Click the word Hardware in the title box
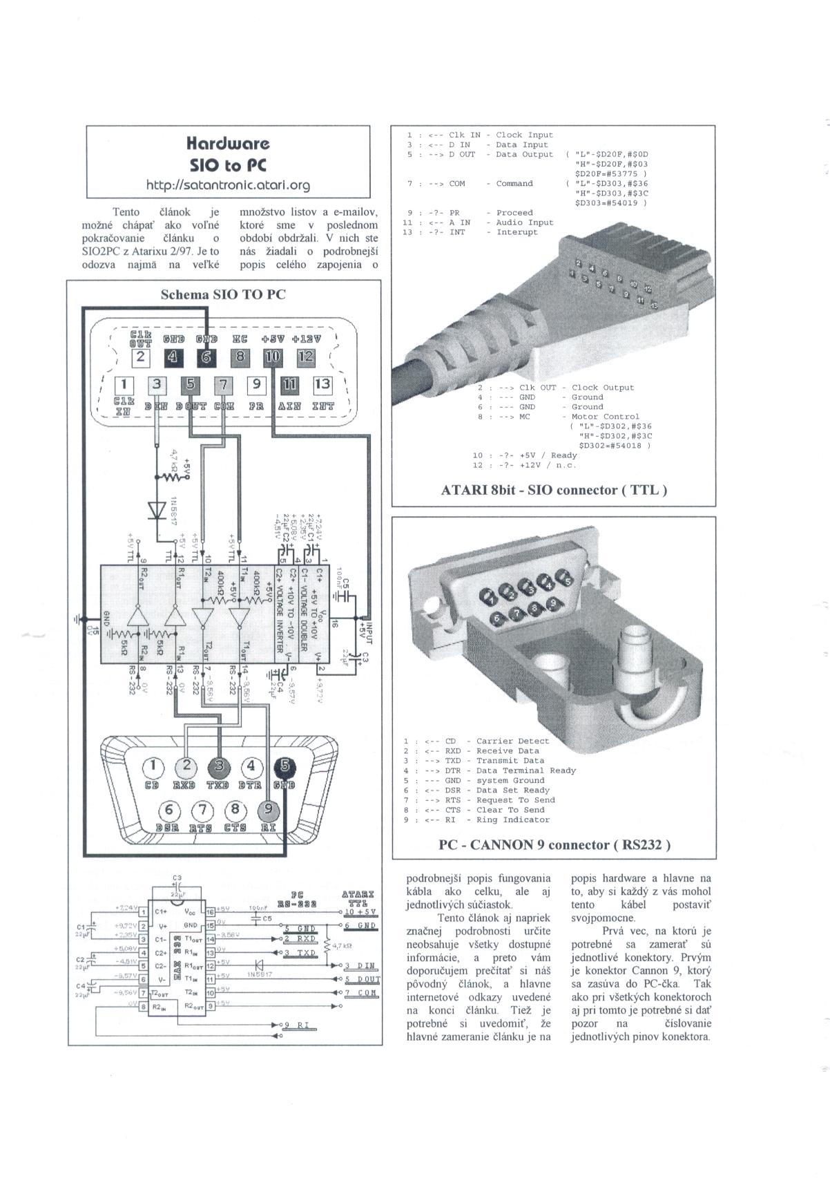pos(228,143)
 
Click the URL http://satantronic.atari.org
pos(228,185)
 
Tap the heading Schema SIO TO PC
pos(223,294)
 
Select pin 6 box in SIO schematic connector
pos(206,357)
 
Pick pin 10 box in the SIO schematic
pos(273,357)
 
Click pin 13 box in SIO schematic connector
pos(322,384)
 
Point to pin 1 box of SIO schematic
pos(124,384)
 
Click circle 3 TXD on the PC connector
pos(219,766)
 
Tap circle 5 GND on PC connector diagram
pos(284,766)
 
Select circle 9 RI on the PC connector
pos(269,809)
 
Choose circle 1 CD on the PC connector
pos(153,766)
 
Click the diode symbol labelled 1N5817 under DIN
pos(157,509)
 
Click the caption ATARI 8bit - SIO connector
pos(554,491)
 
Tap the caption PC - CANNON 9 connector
pos(554,844)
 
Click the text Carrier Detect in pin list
pos(512,741)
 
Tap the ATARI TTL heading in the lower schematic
pos(358,898)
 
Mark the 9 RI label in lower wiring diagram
pos(296,1025)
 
